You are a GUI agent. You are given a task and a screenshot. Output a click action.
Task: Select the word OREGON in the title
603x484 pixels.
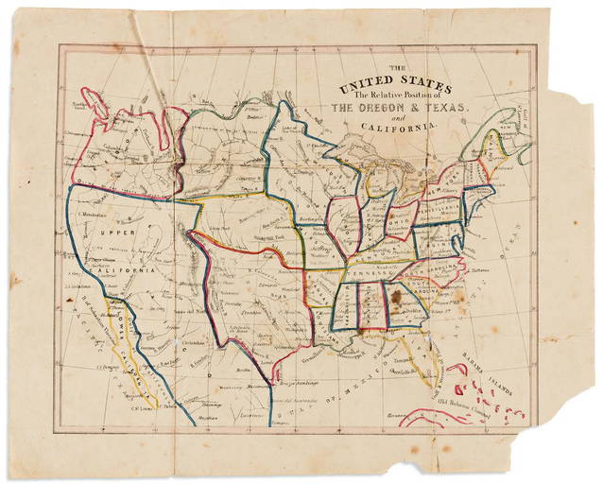tap(380, 109)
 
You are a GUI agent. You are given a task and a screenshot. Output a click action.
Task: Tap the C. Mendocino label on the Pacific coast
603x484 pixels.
tap(91, 216)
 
